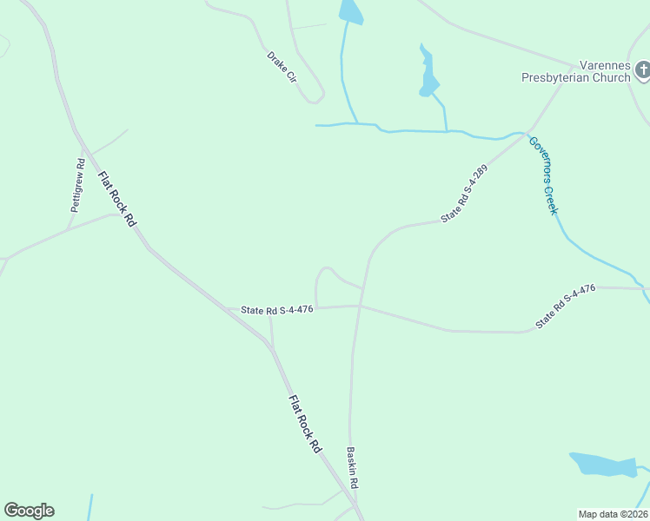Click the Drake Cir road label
[282, 68]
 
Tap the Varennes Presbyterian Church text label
[575, 71]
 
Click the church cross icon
[642, 69]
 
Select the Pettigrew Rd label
[77, 185]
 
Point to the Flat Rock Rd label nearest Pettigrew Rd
[116, 199]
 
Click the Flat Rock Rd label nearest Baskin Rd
[305, 423]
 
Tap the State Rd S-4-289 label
[463, 194]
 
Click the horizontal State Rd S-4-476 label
[276, 309]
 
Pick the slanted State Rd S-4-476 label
[565, 307]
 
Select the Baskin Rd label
[352, 467]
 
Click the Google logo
[29, 511]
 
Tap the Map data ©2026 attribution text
[613, 514]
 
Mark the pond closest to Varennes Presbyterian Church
[428, 74]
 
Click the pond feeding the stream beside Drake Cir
[351, 11]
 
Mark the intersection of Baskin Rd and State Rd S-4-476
[358, 306]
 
